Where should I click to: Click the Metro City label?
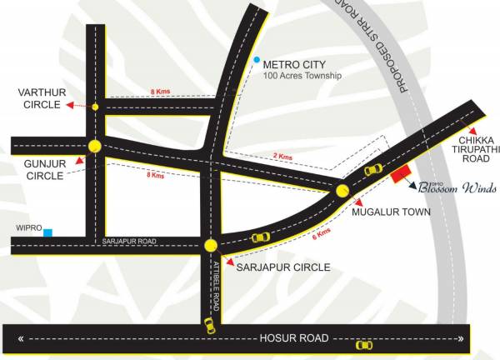click(x=294, y=64)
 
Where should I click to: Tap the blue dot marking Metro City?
click(x=256, y=61)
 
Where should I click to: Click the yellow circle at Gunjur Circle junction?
click(x=95, y=146)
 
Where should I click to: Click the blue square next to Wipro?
click(x=49, y=232)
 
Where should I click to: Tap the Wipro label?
click(x=28, y=227)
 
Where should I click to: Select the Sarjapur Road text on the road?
click(x=129, y=241)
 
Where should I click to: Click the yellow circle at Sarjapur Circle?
click(x=211, y=245)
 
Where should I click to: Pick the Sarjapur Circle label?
click(x=283, y=267)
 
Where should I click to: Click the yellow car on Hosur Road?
click(x=363, y=344)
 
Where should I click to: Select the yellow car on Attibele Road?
click(x=210, y=325)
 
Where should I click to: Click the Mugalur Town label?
click(x=390, y=212)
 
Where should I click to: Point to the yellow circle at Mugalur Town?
click(x=342, y=192)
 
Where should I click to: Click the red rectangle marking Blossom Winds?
click(x=401, y=172)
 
